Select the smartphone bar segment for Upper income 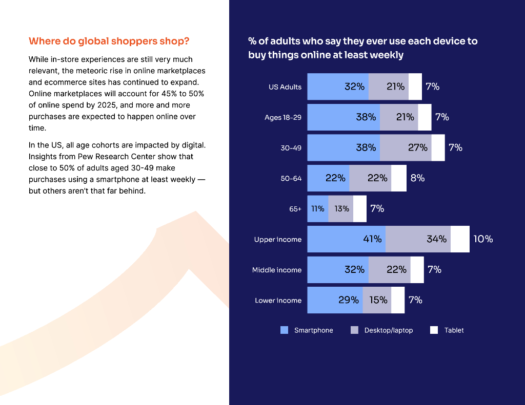[346, 239]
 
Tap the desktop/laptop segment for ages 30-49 [406, 147]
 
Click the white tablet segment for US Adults [415, 87]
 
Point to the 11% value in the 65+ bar [317, 208]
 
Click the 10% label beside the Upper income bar [483, 239]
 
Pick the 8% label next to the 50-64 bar [417, 178]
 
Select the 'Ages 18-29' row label [282, 117]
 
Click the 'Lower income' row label [278, 301]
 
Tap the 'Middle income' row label [277, 270]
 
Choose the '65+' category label [295, 209]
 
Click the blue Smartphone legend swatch [284, 330]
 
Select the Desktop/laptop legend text [388, 330]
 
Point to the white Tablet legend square [434, 330]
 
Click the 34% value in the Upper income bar [436, 239]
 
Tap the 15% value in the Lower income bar [378, 300]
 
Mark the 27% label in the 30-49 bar [417, 147]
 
